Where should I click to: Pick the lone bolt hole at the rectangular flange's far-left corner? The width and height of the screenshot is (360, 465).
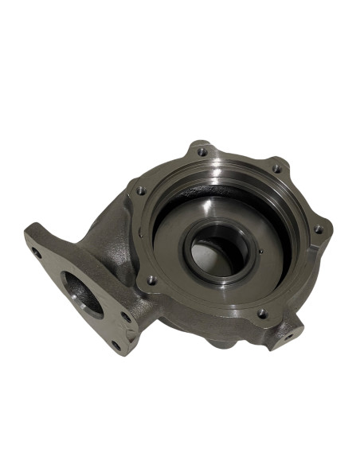coord(36,253)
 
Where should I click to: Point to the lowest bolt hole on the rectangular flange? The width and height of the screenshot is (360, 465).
coord(116,345)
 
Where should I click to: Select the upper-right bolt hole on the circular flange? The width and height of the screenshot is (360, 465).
coord(276,169)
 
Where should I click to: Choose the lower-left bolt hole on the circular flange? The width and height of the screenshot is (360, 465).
coord(151,280)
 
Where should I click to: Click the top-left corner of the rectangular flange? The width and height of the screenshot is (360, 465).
coord(29,226)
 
